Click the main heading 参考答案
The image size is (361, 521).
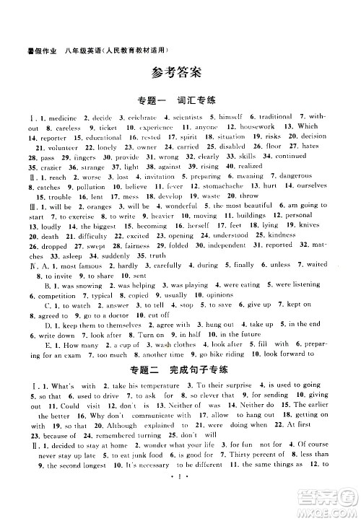tap(180, 72)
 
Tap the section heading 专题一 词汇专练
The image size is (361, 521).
tap(180, 100)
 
